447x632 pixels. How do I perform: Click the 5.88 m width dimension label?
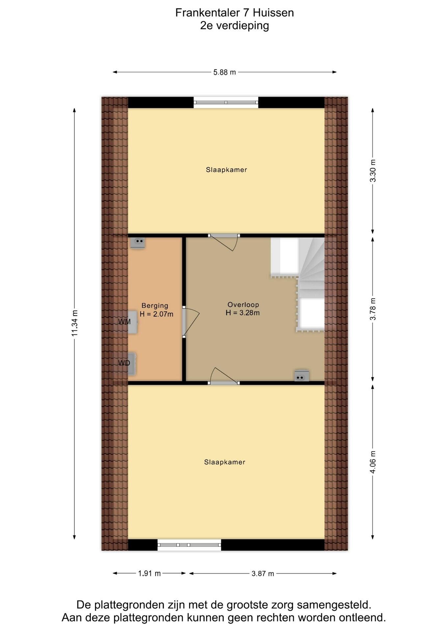(224, 72)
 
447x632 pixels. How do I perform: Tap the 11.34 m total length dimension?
(75, 323)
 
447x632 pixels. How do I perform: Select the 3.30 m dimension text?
(373, 171)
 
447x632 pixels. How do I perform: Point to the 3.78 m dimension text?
(373, 309)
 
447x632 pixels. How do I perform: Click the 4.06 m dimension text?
(373, 462)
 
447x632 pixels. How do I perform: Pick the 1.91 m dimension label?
(149, 573)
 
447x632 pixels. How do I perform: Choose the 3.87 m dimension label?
(263, 573)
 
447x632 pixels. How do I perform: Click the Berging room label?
(155, 306)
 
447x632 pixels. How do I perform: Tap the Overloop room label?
(243, 305)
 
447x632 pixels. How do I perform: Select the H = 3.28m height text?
(243, 313)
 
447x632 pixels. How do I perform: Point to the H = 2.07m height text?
(156, 314)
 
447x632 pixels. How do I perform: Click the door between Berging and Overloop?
(191, 322)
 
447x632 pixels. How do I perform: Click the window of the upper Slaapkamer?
(226, 102)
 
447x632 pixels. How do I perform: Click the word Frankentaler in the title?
(207, 13)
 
